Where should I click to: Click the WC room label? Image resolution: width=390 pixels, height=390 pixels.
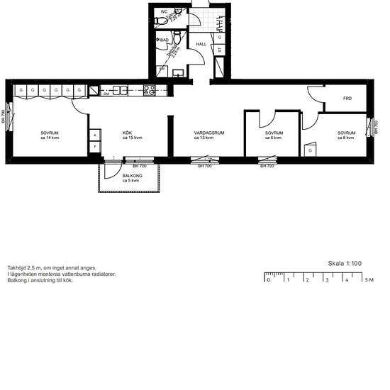164,11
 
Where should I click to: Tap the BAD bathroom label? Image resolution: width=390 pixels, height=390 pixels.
165,40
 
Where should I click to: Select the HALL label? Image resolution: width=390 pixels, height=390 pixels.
201,44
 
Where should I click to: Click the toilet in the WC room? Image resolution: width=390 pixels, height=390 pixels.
160,22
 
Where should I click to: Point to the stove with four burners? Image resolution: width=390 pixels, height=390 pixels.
150,90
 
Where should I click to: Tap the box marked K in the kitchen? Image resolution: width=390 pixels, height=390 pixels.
94,134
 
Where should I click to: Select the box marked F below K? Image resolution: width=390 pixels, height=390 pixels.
94,146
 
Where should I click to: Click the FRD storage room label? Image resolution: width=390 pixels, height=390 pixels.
347,99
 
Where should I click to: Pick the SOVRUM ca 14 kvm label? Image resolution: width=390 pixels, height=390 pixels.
49,135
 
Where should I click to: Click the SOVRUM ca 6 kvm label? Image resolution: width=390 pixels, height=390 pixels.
274,135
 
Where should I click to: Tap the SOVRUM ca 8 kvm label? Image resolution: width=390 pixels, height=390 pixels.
346,135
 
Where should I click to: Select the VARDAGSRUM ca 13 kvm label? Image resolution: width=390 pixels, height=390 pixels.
208,135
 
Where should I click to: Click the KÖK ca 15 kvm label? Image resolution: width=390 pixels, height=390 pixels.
132,135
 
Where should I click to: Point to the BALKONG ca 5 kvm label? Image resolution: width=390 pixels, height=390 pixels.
130,178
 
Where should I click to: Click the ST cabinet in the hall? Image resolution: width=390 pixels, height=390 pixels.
220,50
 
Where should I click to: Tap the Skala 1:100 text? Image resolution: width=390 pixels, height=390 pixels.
345,263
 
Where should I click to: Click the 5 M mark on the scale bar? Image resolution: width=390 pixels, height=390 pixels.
368,280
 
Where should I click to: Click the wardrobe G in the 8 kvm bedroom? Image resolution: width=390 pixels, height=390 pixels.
310,150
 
